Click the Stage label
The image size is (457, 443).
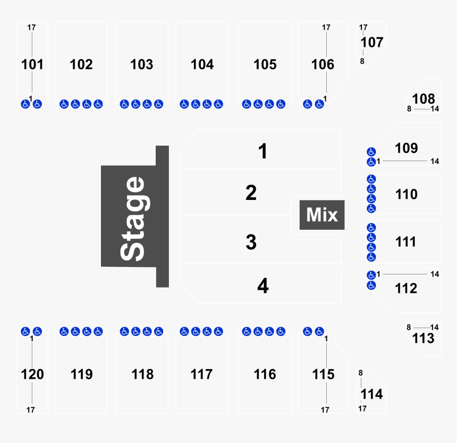[132, 219]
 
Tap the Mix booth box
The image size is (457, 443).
[322, 215]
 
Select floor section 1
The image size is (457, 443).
[263, 152]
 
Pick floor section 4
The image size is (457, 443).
[263, 287]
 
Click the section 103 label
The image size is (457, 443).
[142, 64]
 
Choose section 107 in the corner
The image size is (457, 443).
[372, 43]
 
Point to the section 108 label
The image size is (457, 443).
[424, 98]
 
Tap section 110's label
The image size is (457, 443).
[407, 195]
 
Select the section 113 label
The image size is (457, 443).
[424, 339]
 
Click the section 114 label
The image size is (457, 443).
[372, 395]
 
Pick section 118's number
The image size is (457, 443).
[142, 374]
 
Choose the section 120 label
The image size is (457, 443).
[32, 374]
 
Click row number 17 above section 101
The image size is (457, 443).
[31, 27]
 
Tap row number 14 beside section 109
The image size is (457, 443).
[435, 161]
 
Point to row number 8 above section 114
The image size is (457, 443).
[360, 373]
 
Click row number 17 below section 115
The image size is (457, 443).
[325, 410]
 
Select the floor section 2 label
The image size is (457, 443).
[251, 193]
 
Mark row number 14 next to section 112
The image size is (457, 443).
[435, 274]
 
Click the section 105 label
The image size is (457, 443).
[265, 64]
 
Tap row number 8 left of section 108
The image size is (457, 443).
[409, 109]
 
